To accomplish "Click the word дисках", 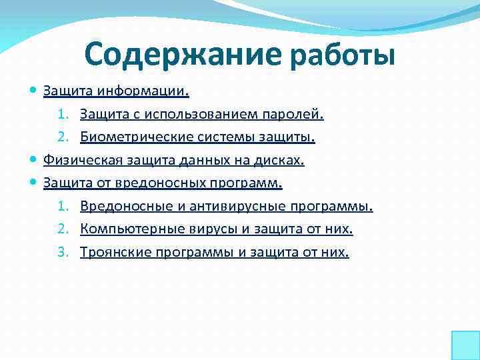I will pyautogui.click(x=283, y=161).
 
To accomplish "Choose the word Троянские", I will pyautogui.click(x=109, y=253).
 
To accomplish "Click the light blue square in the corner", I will pyautogui.click(x=465, y=345).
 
